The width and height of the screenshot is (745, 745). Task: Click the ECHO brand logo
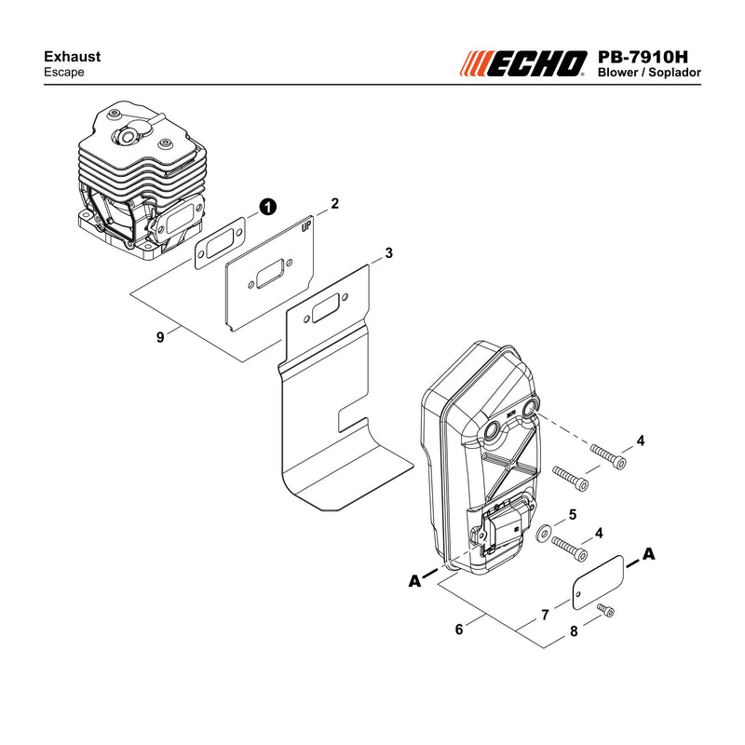[x=523, y=63]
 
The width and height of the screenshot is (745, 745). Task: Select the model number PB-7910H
[x=643, y=57]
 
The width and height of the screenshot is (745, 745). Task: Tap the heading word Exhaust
[x=73, y=57]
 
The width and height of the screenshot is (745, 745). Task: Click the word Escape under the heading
[x=63, y=73]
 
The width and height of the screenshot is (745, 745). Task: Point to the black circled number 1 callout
[x=267, y=207]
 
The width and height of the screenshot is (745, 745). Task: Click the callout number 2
[x=335, y=203]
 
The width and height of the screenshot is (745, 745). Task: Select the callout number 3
[x=389, y=253]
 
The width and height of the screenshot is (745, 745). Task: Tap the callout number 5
[x=573, y=515]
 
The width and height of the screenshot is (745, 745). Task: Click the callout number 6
[x=459, y=630]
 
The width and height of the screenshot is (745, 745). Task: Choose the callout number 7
[x=546, y=615]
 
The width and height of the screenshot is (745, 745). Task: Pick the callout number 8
[x=574, y=631]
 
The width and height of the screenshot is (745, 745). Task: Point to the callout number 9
[x=160, y=337]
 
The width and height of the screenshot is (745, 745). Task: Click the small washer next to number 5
[x=543, y=533]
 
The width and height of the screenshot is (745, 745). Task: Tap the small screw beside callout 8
[x=606, y=610]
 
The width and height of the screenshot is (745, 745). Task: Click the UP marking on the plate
[x=306, y=226]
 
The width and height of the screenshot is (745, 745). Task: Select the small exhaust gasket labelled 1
[x=220, y=243]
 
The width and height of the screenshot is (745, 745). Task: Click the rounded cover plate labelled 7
[x=597, y=583]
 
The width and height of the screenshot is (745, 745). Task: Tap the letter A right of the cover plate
[x=648, y=554]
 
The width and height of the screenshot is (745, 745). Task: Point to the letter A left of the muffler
[x=414, y=581]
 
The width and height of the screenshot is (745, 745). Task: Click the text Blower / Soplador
[x=649, y=73]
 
